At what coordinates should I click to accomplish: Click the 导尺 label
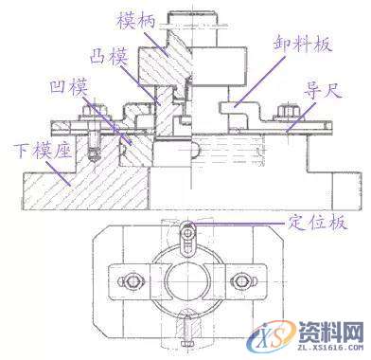tap(317, 92)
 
